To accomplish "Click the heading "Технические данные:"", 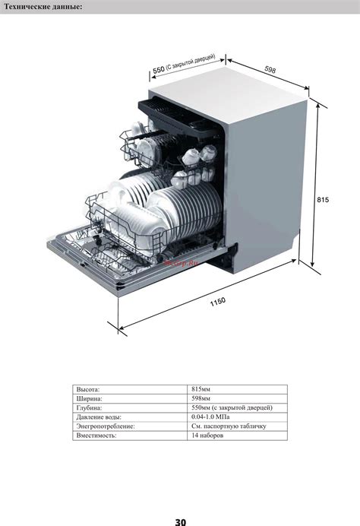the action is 43,6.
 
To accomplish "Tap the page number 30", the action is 180,521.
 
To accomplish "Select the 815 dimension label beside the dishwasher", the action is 323,200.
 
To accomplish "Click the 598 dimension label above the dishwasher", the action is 270,69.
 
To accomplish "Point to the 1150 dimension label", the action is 218,302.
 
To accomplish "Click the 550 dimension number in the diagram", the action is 159,70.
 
